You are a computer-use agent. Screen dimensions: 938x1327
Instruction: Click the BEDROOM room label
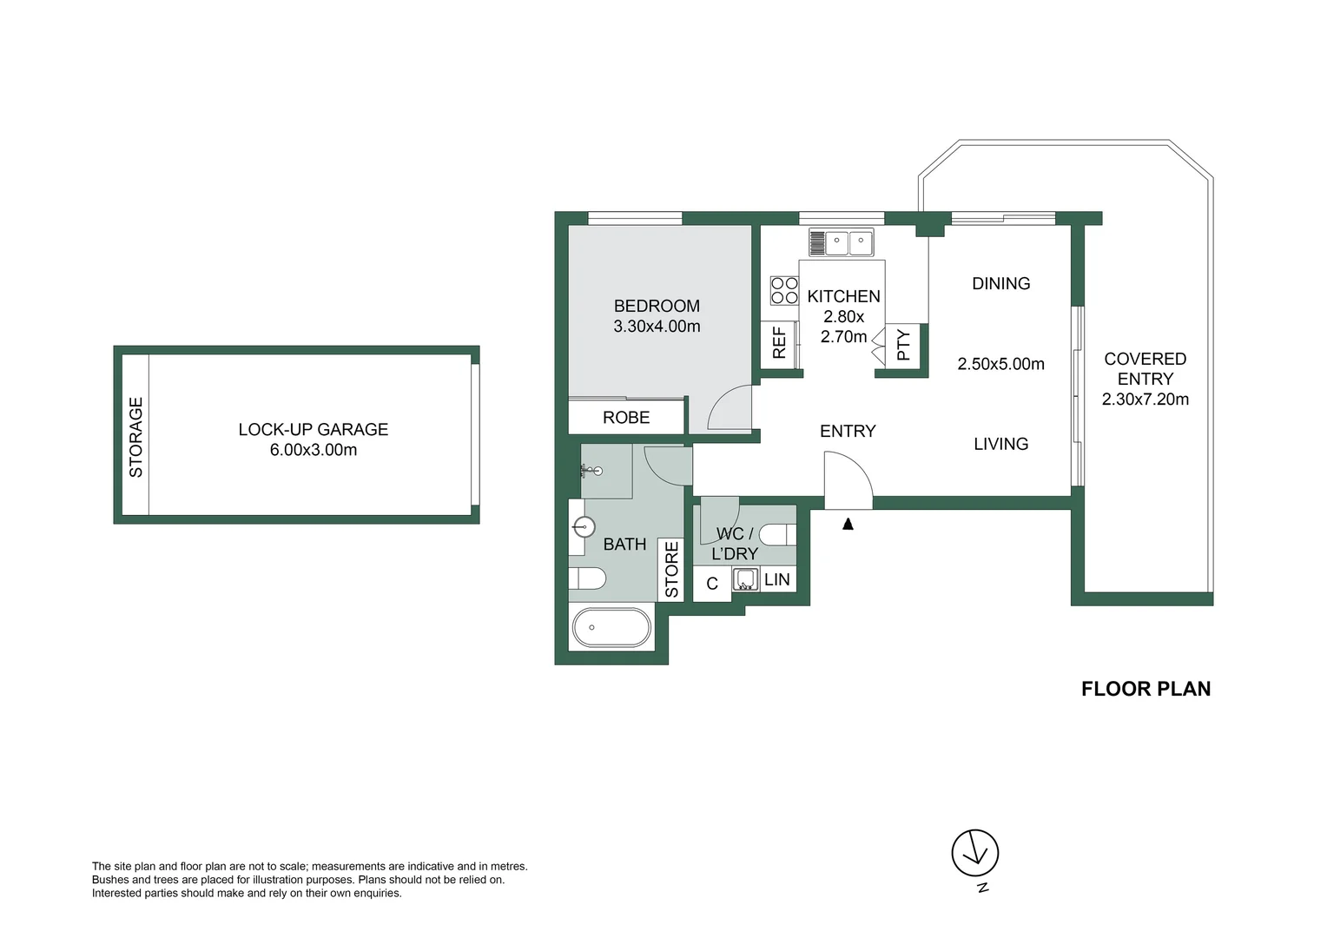(x=657, y=306)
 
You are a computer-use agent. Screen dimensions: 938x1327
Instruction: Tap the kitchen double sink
(x=841, y=242)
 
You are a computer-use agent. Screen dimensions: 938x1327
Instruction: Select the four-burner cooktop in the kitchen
(x=784, y=290)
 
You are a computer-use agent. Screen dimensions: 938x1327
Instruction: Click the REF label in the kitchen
(x=779, y=342)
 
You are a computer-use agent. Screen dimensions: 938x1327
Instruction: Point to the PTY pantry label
(x=903, y=345)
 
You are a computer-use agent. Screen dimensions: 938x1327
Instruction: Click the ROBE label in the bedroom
(x=626, y=418)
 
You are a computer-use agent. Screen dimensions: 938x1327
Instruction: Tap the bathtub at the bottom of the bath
(x=611, y=626)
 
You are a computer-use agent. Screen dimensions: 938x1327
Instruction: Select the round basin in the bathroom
(x=584, y=526)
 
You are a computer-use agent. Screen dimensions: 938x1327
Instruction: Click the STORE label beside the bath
(x=671, y=570)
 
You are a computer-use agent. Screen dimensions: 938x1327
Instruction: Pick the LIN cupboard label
(x=777, y=579)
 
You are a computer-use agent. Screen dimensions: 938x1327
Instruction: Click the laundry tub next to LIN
(x=745, y=578)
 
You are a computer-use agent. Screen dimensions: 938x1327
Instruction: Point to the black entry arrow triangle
(x=848, y=524)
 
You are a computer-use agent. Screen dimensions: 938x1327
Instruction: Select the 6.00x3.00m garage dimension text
(x=313, y=450)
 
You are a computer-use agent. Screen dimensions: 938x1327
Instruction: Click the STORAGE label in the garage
(x=135, y=437)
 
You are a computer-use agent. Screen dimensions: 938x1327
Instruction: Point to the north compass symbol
(x=975, y=853)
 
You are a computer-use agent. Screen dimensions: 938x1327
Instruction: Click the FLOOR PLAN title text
(x=1145, y=689)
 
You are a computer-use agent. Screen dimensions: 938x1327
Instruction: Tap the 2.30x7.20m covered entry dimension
(x=1145, y=400)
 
